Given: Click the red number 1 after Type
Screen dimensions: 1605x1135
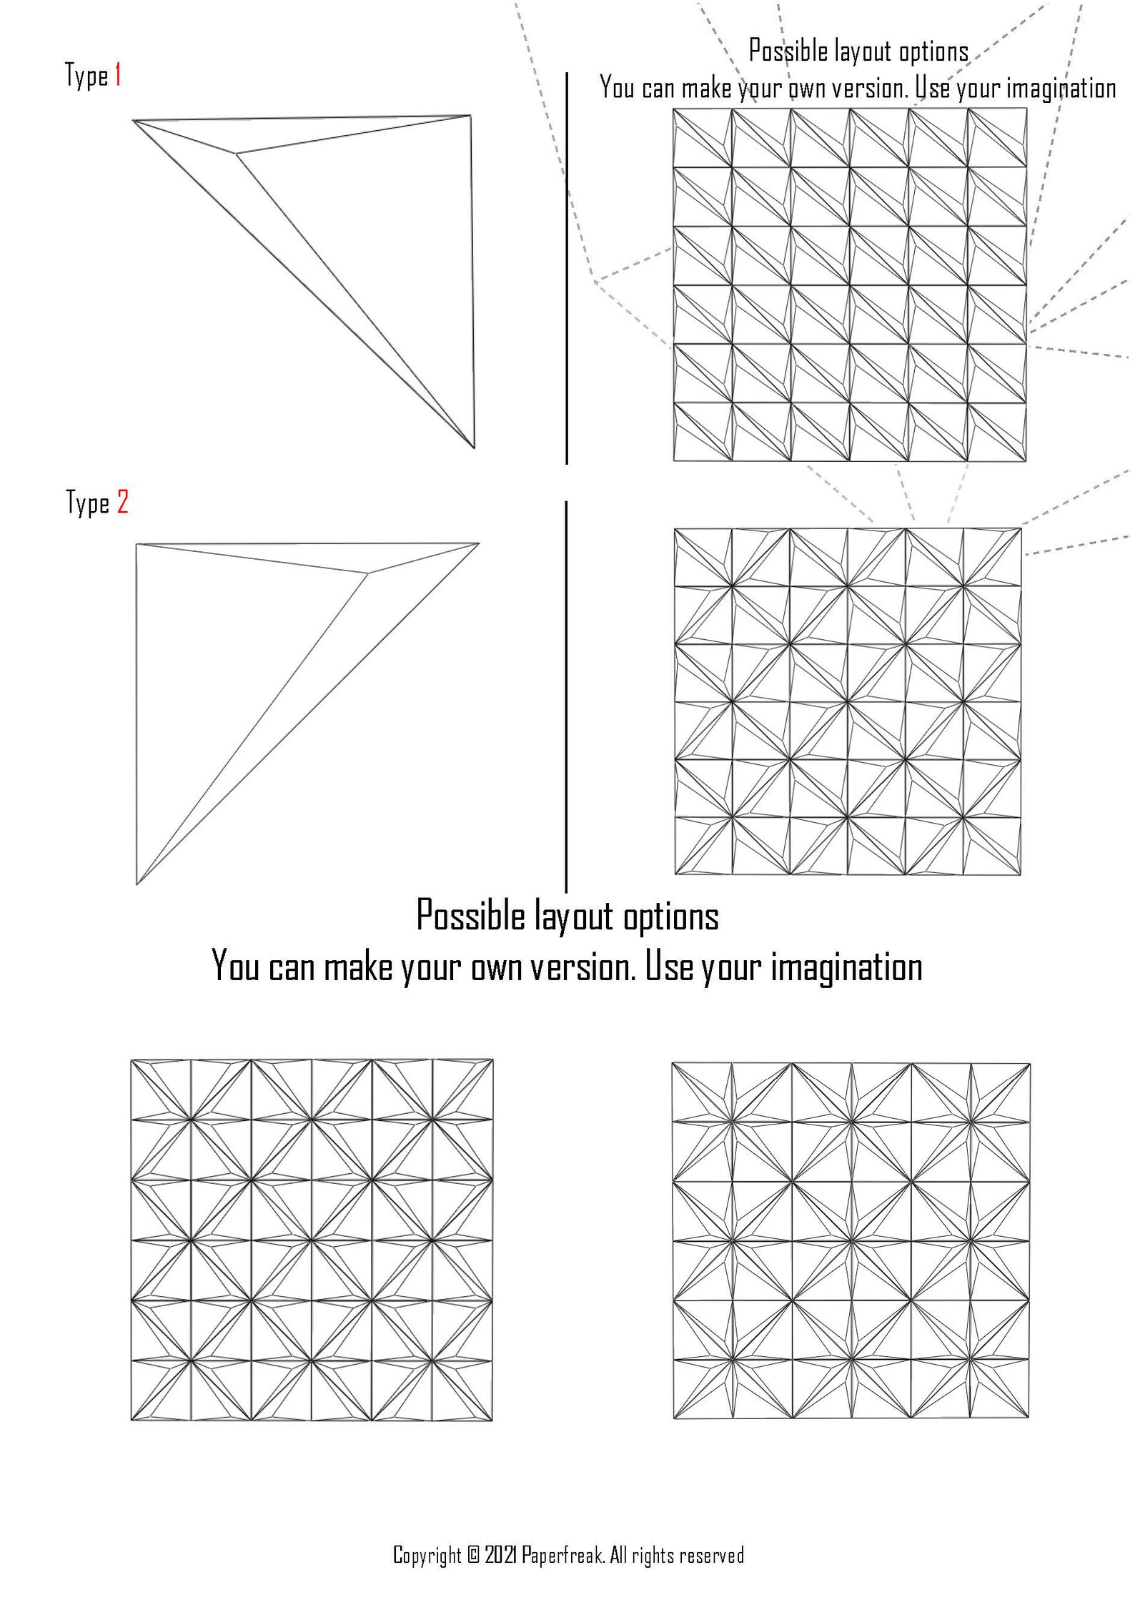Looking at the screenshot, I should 117,75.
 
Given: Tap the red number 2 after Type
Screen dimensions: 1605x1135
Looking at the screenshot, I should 122,503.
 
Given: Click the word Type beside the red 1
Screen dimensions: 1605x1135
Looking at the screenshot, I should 86,76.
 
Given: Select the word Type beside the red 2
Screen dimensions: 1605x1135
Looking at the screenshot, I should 88,503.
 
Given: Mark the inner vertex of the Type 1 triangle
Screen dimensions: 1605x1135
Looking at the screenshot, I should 236,152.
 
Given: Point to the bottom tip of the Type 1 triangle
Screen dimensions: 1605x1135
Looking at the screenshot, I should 474,448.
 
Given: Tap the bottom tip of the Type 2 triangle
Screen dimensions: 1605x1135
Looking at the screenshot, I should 137,884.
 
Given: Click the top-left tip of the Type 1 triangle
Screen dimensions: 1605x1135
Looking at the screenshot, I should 134,121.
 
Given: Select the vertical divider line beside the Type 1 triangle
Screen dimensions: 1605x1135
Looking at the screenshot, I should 567,268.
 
